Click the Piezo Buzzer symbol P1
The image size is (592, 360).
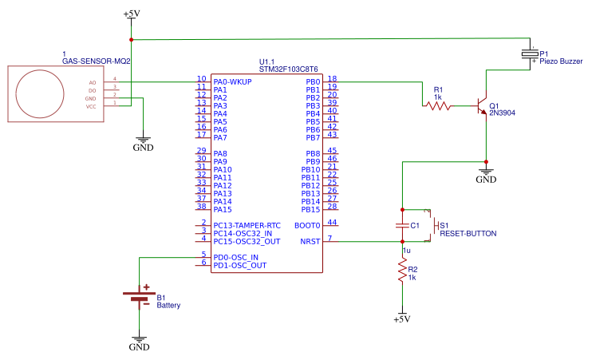pyautogui.click(x=530, y=53)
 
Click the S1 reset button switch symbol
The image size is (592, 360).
pyautogui.click(x=433, y=226)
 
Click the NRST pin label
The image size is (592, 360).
pyautogui.click(x=310, y=241)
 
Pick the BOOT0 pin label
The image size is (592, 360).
pyautogui.click(x=306, y=225)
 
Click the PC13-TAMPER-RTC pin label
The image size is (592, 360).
pyautogui.click(x=247, y=225)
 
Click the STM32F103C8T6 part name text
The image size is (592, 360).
pyautogui.click(x=289, y=69)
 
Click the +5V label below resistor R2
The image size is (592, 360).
pyautogui.click(x=402, y=319)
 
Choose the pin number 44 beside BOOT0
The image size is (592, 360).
pyautogui.click(x=332, y=223)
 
